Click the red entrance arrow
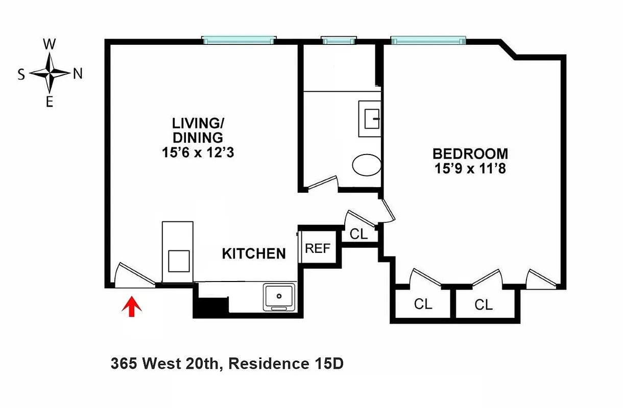132,307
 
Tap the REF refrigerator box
318,249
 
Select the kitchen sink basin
278,296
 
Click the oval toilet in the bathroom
367,165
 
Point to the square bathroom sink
370,118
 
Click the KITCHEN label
254,253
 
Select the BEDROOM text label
470,154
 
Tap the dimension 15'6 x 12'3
197,152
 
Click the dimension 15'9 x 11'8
470,168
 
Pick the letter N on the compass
78,74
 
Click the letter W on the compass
49,44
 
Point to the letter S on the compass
21,74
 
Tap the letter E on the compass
50,103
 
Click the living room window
239,40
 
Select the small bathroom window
338,40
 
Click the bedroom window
428,40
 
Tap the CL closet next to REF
358,234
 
